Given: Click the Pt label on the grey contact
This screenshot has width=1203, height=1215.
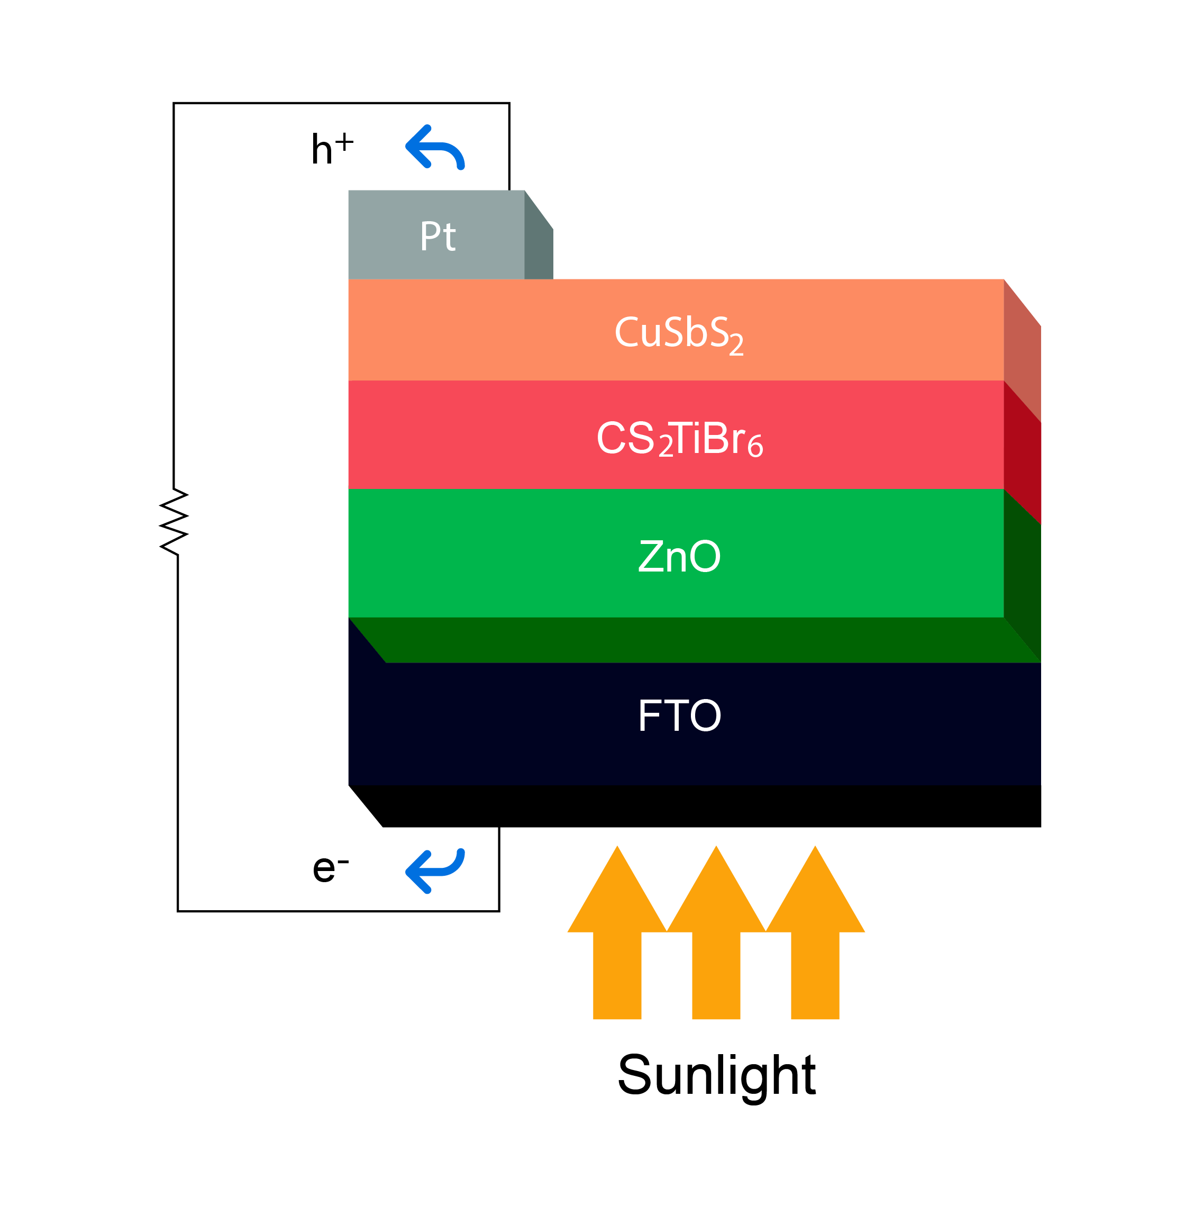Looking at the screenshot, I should click(x=437, y=237).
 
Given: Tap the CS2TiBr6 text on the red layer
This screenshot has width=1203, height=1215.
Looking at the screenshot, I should click(x=679, y=439).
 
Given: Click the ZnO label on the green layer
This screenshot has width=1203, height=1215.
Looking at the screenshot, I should click(x=679, y=557).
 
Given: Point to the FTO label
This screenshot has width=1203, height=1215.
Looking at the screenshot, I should click(x=679, y=715).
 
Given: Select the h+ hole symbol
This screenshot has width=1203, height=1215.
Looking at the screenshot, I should click(x=331, y=149).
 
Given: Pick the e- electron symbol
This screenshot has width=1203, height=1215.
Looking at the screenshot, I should click(x=330, y=868).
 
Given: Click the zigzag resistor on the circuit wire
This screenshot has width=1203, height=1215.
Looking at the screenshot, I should click(x=174, y=522).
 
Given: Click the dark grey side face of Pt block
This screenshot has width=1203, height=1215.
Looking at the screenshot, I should click(x=539, y=248).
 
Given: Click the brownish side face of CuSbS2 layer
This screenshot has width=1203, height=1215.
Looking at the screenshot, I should click(x=1022, y=352).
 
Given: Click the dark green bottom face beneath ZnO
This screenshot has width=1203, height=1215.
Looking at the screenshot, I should click(x=692, y=640).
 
